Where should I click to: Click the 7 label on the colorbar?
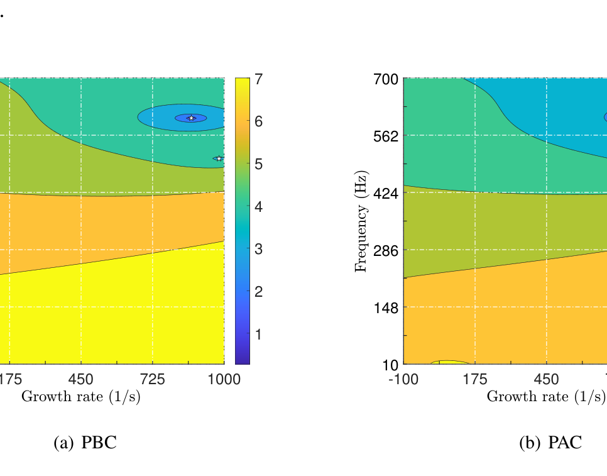(x=258, y=79)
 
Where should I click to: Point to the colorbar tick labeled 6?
(x=258, y=121)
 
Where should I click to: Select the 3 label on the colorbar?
(x=258, y=249)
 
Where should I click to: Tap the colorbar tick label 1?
(x=258, y=334)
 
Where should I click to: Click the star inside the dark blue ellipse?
(x=191, y=118)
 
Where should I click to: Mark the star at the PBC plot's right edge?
(x=219, y=158)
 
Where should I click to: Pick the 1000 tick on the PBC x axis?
(x=224, y=379)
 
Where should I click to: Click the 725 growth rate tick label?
(x=153, y=379)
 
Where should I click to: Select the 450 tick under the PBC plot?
(x=81, y=379)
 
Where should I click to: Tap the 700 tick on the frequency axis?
(x=386, y=79)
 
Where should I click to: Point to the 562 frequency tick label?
(x=386, y=136)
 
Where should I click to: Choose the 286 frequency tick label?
(x=386, y=250)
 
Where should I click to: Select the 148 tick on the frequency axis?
(x=386, y=307)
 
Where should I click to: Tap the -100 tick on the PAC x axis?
(x=403, y=379)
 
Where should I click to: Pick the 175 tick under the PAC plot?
(x=475, y=379)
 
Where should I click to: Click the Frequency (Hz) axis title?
(x=361, y=221)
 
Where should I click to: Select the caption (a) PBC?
(x=85, y=443)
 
